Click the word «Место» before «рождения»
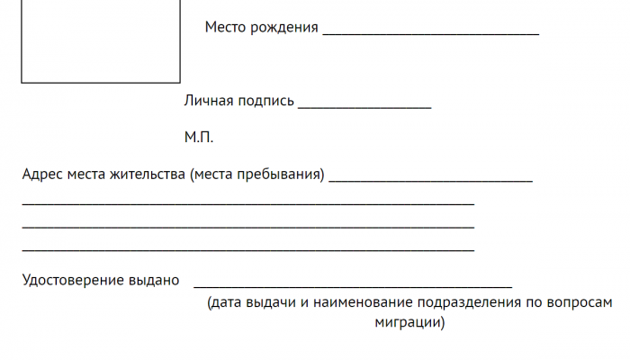[225, 27]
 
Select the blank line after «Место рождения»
[431, 35]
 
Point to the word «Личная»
[209, 101]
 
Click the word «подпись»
[266, 101]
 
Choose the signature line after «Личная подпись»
[364, 108]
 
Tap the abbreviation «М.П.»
[199, 138]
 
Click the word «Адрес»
[42, 175]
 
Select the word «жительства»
[148, 175]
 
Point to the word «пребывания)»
[281, 175]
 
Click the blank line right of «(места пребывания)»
[431, 182]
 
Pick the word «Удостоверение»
[73, 281]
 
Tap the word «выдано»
[154, 281]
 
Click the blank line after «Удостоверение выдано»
[353, 287]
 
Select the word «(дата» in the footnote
[224, 302]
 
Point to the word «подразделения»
[469, 303]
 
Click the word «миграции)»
[409, 322]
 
